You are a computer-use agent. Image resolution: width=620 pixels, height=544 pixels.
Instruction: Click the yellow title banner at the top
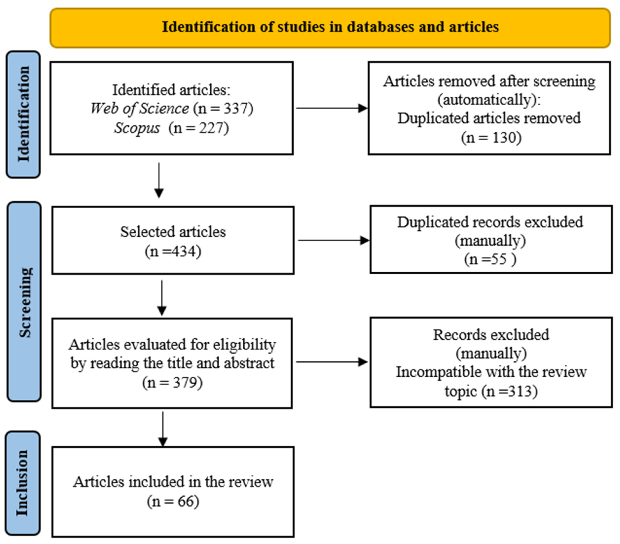tap(330, 28)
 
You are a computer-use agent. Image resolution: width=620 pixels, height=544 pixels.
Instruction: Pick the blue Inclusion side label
tap(23, 483)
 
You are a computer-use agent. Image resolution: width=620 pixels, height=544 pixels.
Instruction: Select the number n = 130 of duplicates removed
tap(491, 138)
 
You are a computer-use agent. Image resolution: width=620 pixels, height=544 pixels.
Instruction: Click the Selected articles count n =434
tap(173, 251)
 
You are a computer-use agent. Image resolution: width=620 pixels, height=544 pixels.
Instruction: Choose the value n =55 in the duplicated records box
tap(490, 259)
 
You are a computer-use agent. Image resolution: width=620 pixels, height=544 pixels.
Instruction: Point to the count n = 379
tap(172, 382)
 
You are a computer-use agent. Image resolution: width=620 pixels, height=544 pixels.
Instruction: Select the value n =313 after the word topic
tap(510, 391)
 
